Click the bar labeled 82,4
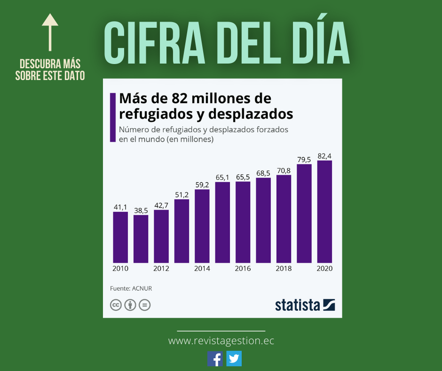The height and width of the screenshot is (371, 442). pyautogui.click(x=324, y=211)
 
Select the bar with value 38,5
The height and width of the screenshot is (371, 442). pyautogui.click(x=141, y=239)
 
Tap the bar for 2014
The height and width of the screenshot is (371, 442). pyautogui.click(x=202, y=226)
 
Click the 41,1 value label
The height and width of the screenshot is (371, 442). pyautogui.click(x=120, y=207)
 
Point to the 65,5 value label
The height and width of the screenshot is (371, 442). pyautogui.click(x=243, y=177)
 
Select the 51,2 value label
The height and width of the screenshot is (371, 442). pyautogui.click(x=182, y=194)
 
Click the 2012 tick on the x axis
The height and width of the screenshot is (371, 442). pyautogui.click(x=161, y=268)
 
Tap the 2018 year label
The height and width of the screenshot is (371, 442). pyautogui.click(x=284, y=268)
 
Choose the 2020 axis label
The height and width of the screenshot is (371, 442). pyautogui.click(x=324, y=268)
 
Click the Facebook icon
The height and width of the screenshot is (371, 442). pyautogui.click(x=215, y=359)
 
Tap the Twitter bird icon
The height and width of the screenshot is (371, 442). pyautogui.click(x=234, y=359)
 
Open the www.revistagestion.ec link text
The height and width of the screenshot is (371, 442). pyautogui.click(x=221, y=341)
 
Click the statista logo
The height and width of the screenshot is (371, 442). pyautogui.click(x=305, y=305)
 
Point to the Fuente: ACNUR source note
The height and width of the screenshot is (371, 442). pyautogui.click(x=131, y=288)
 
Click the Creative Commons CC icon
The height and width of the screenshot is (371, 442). pyautogui.click(x=116, y=305)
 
